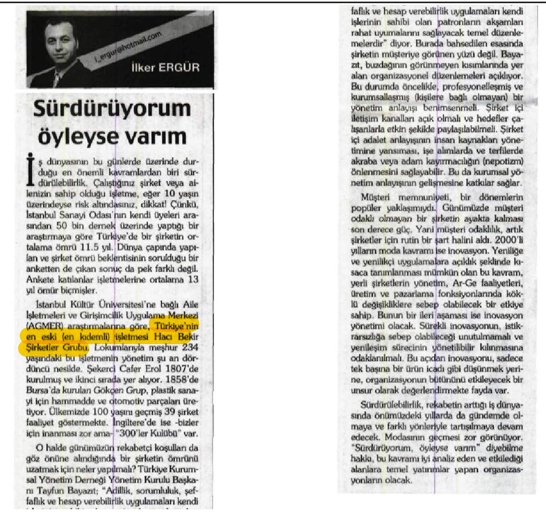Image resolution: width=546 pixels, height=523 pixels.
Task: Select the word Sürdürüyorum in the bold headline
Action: pos(112,110)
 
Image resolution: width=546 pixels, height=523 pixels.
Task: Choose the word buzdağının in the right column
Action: pos(385,64)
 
